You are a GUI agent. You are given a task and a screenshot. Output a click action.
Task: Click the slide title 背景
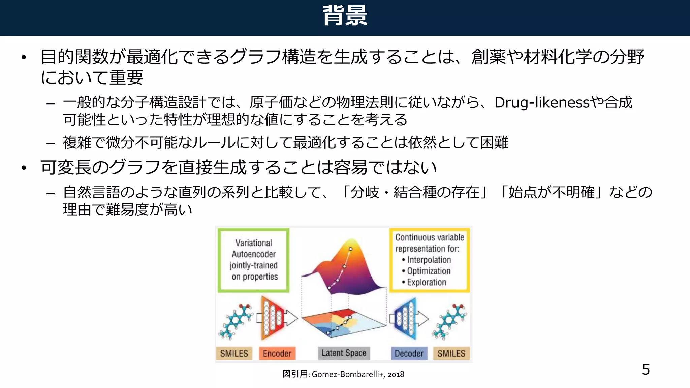pyautogui.click(x=345, y=15)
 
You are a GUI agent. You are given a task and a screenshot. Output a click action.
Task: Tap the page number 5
pyautogui.click(x=646, y=369)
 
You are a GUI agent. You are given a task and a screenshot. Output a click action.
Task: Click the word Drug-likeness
pyautogui.click(x=542, y=102)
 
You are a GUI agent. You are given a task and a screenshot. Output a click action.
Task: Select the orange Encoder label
pyautogui.click(x=277, y=353)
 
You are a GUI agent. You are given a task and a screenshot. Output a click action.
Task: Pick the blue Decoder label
pyautogui.click(x=409, y=353)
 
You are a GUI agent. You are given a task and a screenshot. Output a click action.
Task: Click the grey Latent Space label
pyautogui.click(x=344, y=353)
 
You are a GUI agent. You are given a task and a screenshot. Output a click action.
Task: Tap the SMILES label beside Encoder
pyautogui.click(x=234, y=353)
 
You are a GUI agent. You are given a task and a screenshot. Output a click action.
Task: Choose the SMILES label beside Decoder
pyautogui.click(x=451, y=353)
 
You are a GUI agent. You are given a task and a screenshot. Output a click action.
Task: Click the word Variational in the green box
pyautogui.click(x=253, y=243)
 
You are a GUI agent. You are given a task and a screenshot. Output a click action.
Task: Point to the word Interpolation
pyautogui.click(x=429, y=260)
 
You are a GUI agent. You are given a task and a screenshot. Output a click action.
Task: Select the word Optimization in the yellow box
pyautogui.click(x=429, y=271)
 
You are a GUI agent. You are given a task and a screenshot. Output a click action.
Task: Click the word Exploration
pyautogui.click(x=426, y=282)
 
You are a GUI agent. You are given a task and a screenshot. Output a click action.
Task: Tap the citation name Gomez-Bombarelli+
pyautogui.click(x=348, y=374)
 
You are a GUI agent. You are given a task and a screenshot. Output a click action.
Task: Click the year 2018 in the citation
pyautogui.click(x=396, y=374)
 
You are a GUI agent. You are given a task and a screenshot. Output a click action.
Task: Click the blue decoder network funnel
pyautogui.click(x=405, y=318)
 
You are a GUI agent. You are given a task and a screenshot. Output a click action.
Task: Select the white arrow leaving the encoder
pyautogui.click(x=291, y=318)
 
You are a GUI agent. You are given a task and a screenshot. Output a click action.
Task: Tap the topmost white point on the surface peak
pyautogui.click(x=350, y=249)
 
